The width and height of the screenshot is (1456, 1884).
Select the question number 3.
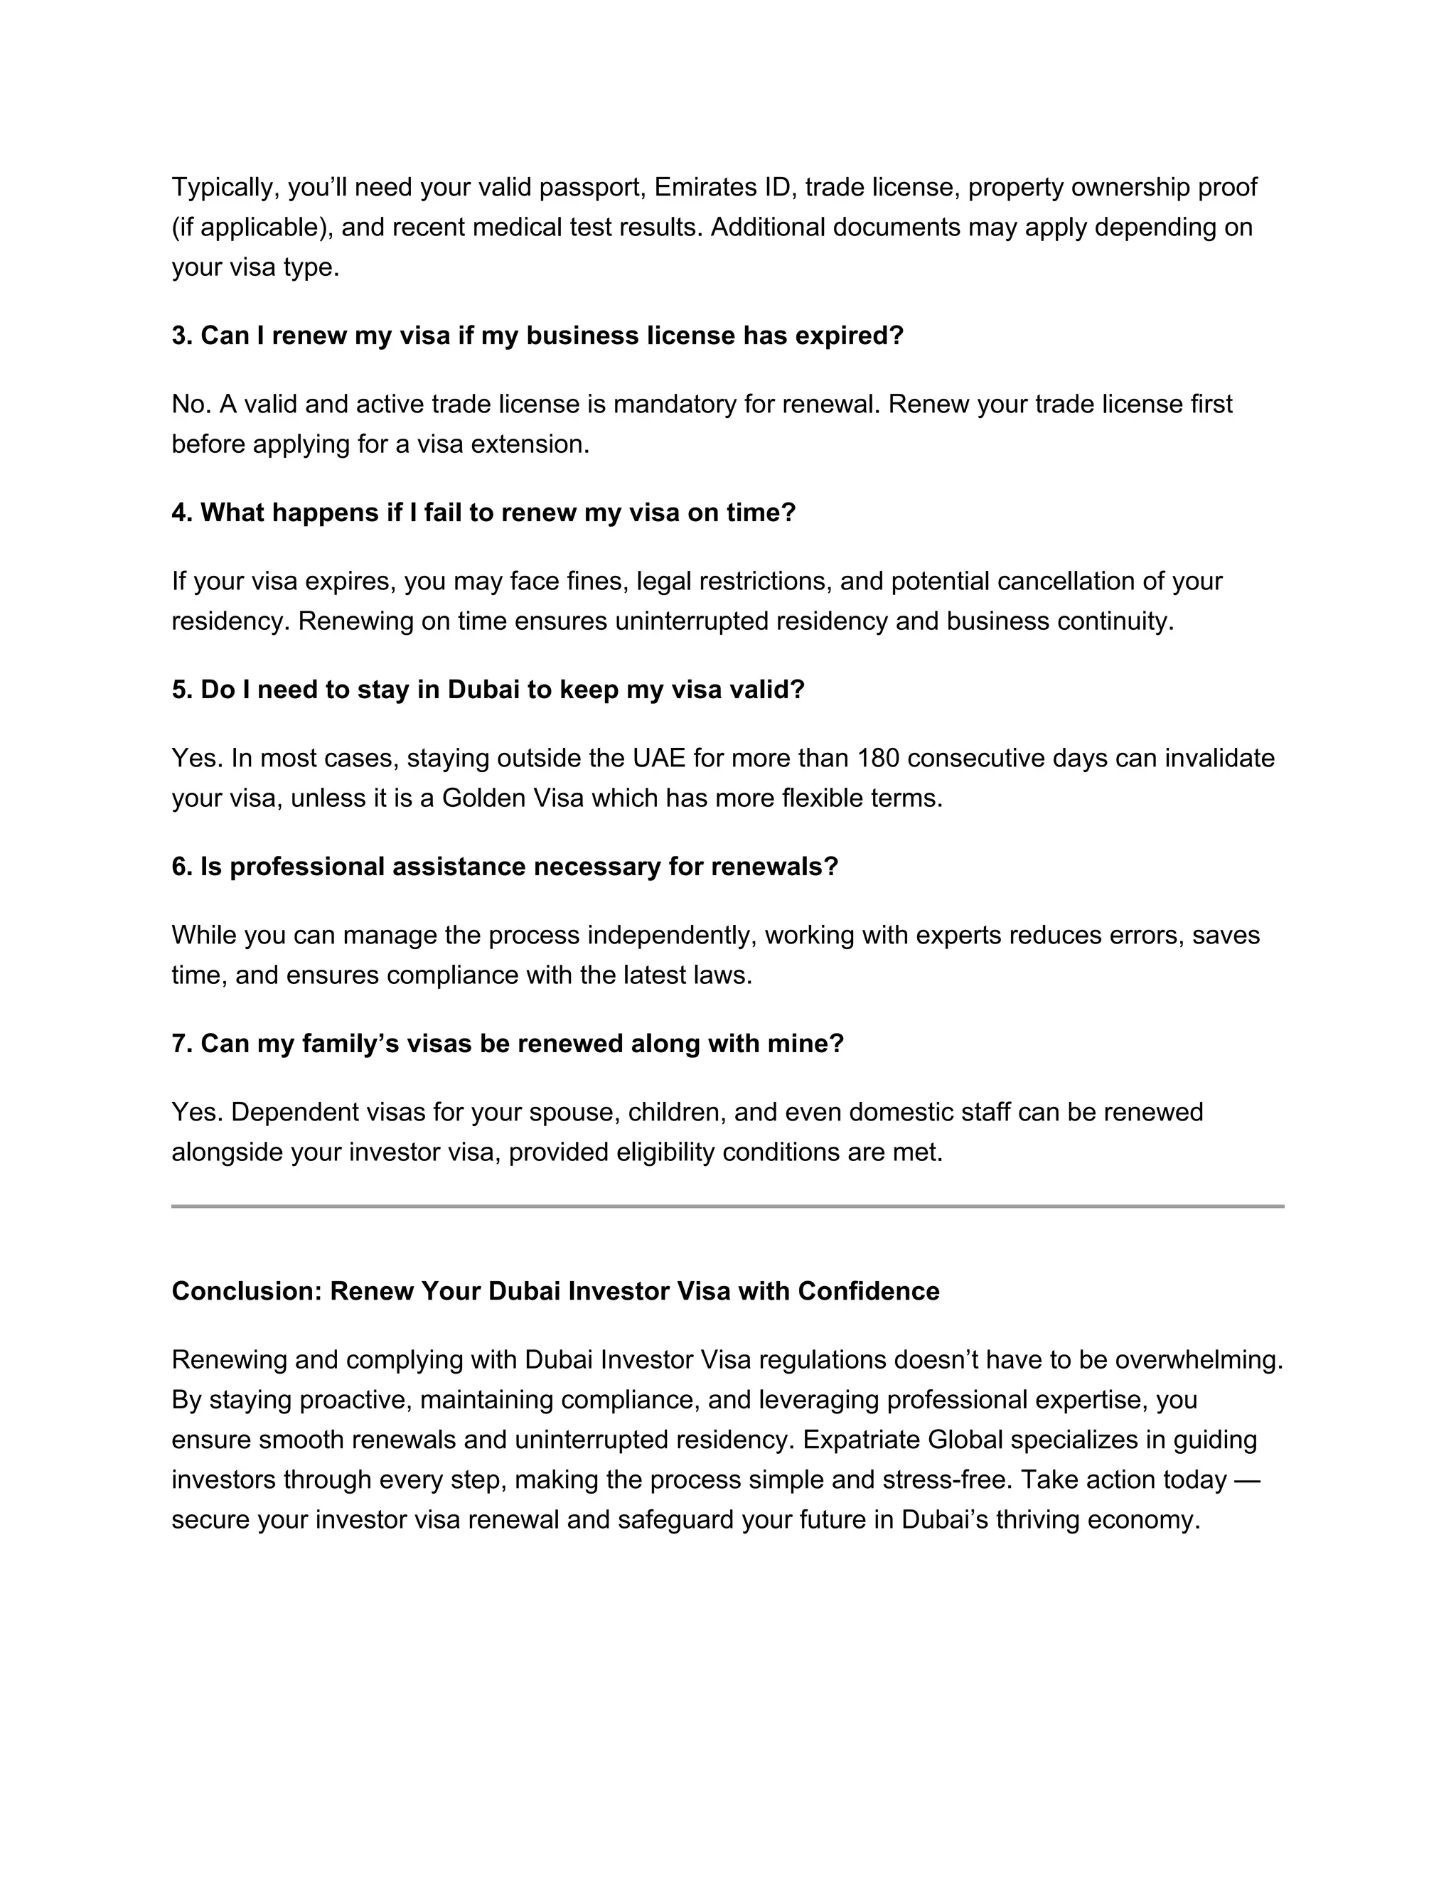click(x=182, y=336)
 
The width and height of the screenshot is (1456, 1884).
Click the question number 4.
click(x=182, y=513)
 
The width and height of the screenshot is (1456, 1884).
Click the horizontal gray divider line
click(x=727, y=1206)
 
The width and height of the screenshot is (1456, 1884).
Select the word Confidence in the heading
click(x=868, y=1291)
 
